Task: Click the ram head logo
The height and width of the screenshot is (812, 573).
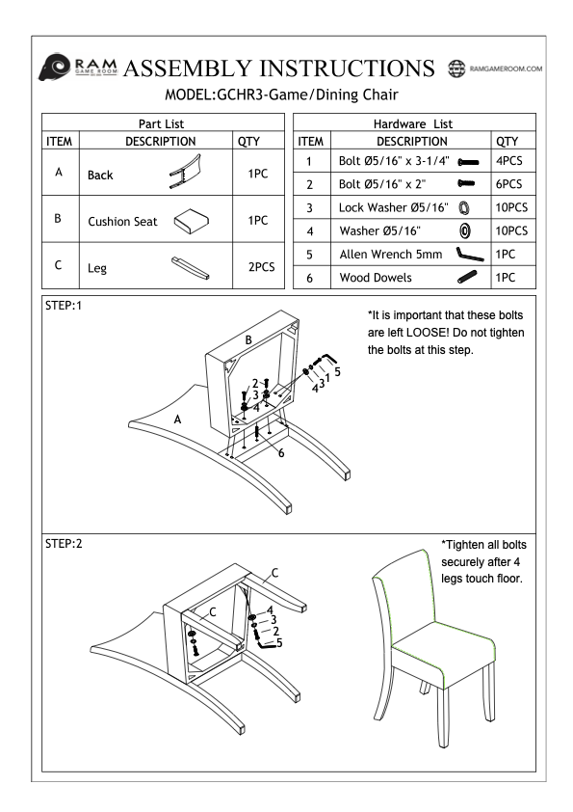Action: [54, 67]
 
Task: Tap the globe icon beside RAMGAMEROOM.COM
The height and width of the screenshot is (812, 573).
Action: [456, 68]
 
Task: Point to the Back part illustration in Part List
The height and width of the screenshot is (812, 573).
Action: [185, 172]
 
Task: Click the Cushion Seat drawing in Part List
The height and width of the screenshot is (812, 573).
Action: [191, 221]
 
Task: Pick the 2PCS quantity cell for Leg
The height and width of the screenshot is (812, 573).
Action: [261, 267]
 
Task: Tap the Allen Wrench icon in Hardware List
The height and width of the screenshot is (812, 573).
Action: [470, 255]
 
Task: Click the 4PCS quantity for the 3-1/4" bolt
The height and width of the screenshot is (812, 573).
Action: [508, 160]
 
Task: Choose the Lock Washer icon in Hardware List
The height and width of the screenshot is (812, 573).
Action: [464, 207]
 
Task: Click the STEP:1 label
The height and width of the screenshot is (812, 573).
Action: [64, 306]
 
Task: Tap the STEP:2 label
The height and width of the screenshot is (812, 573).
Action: [64, 544]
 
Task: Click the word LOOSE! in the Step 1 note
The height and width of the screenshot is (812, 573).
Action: [428, 333]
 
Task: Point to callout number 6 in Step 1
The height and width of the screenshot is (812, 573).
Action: [281, 453]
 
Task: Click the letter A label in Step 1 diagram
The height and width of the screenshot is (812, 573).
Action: [177, 420]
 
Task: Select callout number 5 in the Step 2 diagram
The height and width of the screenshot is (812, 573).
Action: [279, 643]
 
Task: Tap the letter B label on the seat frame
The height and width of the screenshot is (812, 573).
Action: [248, 340]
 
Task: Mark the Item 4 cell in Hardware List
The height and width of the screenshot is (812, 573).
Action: [310, 230]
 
